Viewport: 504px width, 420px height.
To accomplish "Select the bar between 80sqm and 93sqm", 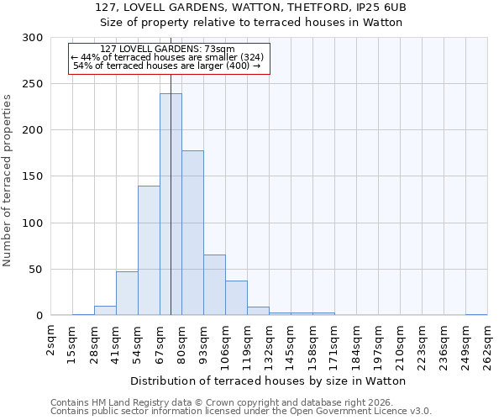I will click(x=192, y=233).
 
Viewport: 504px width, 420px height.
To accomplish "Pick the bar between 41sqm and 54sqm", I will click(x=127, y=293).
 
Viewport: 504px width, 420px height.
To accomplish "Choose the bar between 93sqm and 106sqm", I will click(x=214, y=285).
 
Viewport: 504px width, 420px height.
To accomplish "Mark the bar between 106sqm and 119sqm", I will click(x=236, y=298).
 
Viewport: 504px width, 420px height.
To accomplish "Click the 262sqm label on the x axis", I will click(x=487, y=346).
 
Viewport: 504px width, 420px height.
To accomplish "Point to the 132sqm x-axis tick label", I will click(x=269, y=346).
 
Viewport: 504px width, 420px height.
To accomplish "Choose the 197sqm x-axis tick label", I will click(x=378, y=346).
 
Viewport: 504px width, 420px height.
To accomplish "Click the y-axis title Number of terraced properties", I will click(x=8, y=180).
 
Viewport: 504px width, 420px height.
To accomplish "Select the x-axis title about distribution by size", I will click(x=268, y=381).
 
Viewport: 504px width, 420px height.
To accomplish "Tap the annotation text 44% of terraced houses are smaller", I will click(x=167, y=57).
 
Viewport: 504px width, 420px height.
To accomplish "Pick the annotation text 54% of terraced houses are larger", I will click(x=167, y=66).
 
